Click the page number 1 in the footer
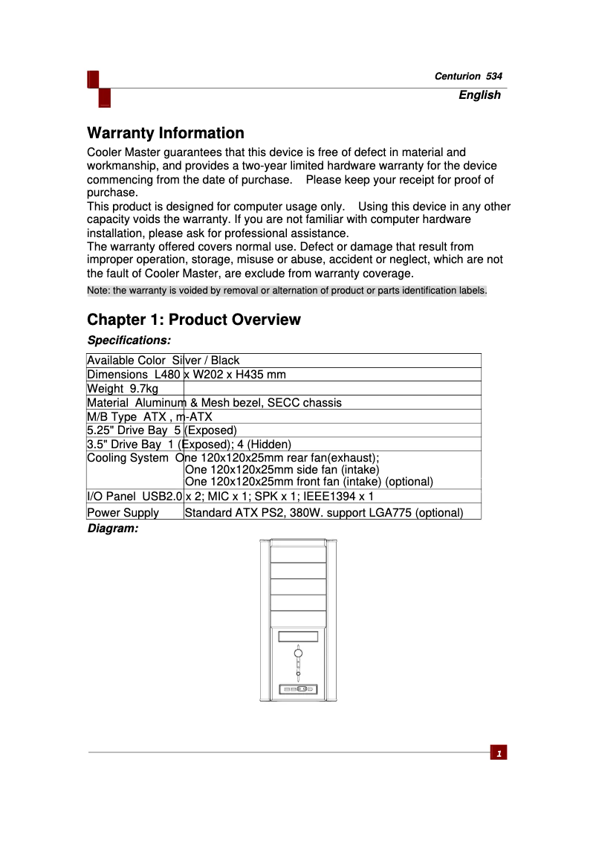499,753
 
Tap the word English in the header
479,95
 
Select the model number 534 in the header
494,77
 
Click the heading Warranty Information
166,134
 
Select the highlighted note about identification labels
287,291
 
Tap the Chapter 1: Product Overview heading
194,320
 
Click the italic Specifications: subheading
129,340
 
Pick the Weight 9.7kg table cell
123,389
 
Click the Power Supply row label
123,513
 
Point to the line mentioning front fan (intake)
308,482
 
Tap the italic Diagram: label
113,529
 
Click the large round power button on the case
298,653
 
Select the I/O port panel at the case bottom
298,689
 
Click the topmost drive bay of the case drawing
298,555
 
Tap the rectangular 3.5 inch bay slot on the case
298,637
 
